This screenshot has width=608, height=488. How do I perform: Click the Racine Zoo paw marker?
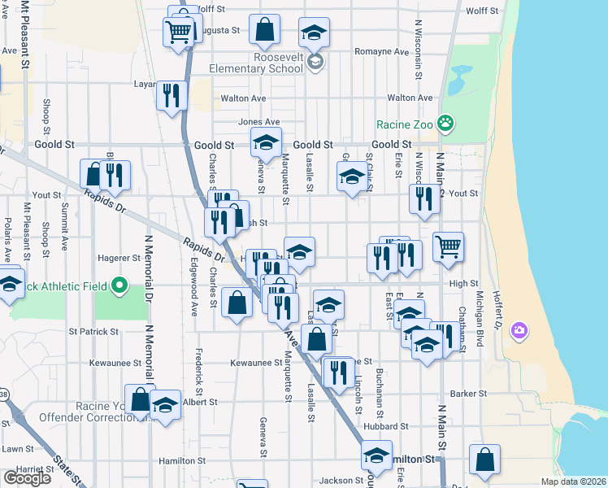point(445,124)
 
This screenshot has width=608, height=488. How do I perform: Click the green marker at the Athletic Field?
point(119,285)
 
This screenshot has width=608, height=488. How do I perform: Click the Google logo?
point(27,478)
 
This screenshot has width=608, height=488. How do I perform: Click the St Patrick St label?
point(93,332)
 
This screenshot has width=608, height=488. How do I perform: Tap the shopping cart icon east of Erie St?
point(449,246)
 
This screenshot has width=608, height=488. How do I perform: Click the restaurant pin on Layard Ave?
point(172,95)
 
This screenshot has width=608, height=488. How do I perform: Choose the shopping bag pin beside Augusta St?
point(265,31)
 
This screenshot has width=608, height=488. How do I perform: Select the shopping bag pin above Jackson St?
point(485,460)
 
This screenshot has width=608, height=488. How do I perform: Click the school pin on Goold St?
point(265,143)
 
